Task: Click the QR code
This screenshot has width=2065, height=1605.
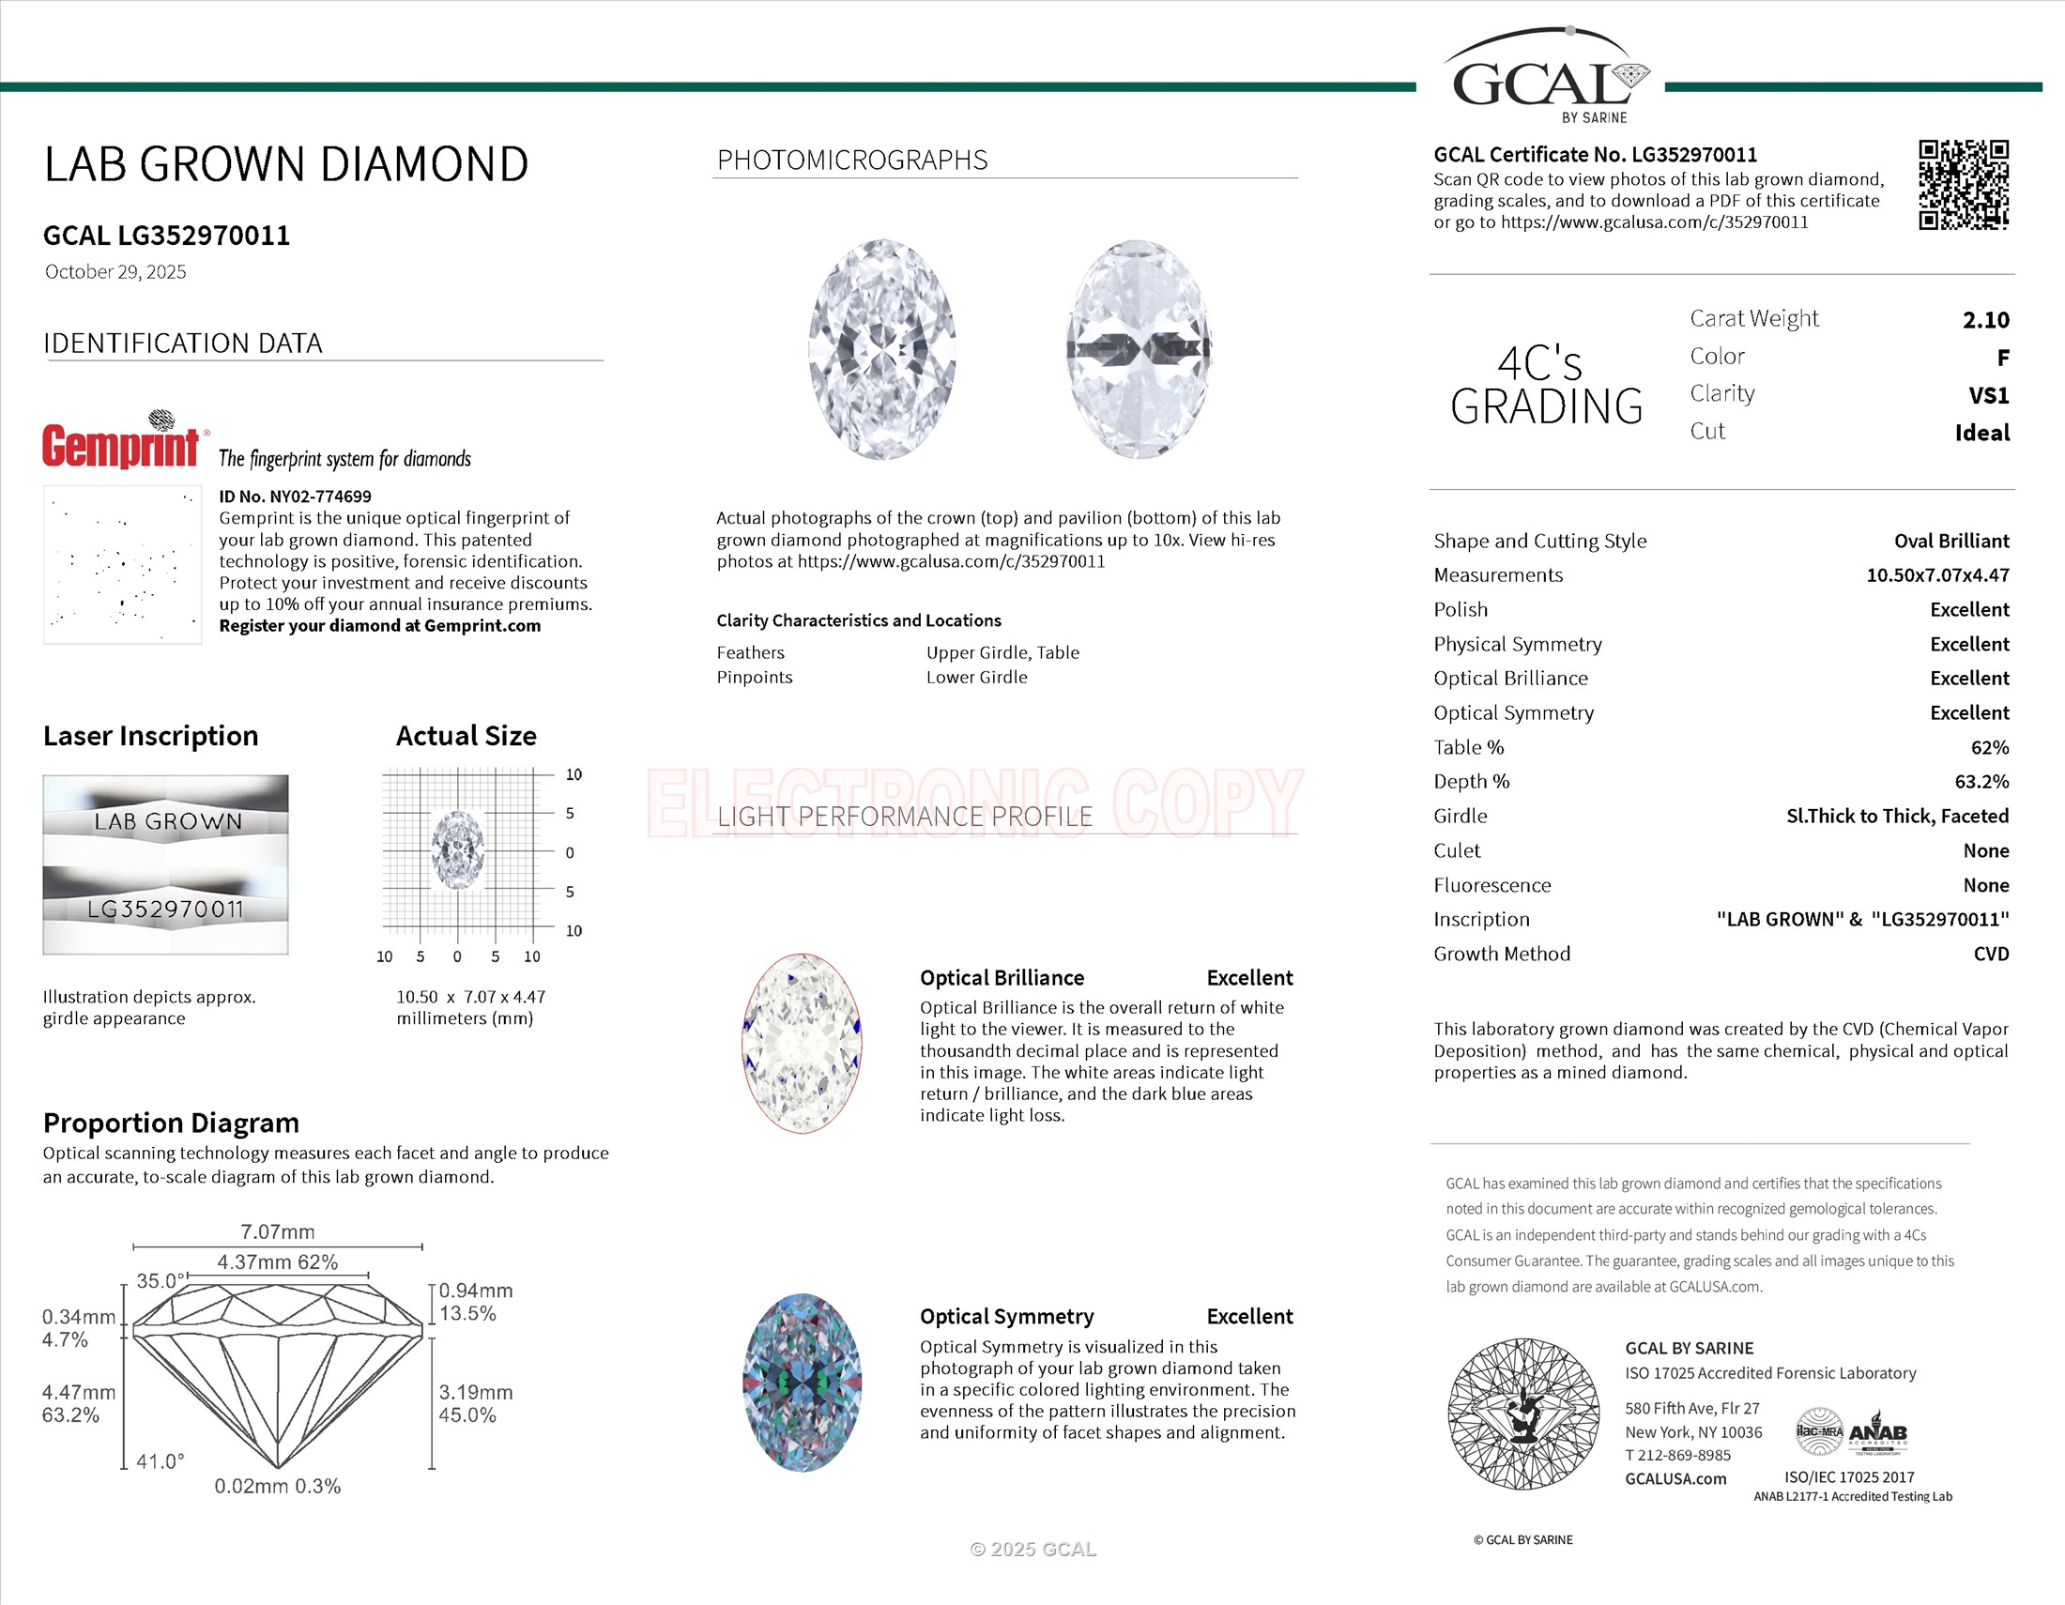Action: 1963,184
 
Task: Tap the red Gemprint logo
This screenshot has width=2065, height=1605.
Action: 121,444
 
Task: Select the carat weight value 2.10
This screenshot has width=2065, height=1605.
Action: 1985,319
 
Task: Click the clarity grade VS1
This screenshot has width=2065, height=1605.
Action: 1988,395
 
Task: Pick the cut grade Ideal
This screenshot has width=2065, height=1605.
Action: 1981,433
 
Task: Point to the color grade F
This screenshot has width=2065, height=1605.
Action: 2002,358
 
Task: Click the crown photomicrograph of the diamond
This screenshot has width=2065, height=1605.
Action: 881,350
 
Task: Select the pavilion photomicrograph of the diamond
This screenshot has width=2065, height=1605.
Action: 1139,350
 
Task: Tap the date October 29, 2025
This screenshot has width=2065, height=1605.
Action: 115,272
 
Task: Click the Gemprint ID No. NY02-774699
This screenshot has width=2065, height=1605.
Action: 295,497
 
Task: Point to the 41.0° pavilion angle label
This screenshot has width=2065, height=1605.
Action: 160,1461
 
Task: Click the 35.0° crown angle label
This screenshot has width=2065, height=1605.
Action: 161,1281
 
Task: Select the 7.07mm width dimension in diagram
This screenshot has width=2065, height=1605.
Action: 277,1231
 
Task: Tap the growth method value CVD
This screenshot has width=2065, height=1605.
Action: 1990,954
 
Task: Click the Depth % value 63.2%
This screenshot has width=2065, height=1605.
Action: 1981,782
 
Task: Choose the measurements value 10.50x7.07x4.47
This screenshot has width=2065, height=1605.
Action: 1937,574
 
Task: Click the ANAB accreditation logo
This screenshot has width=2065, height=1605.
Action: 1878,1434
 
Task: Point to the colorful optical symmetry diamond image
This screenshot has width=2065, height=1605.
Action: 802,1382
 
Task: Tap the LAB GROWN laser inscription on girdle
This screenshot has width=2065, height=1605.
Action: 167,821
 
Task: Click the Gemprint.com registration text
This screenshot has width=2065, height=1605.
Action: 380,626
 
